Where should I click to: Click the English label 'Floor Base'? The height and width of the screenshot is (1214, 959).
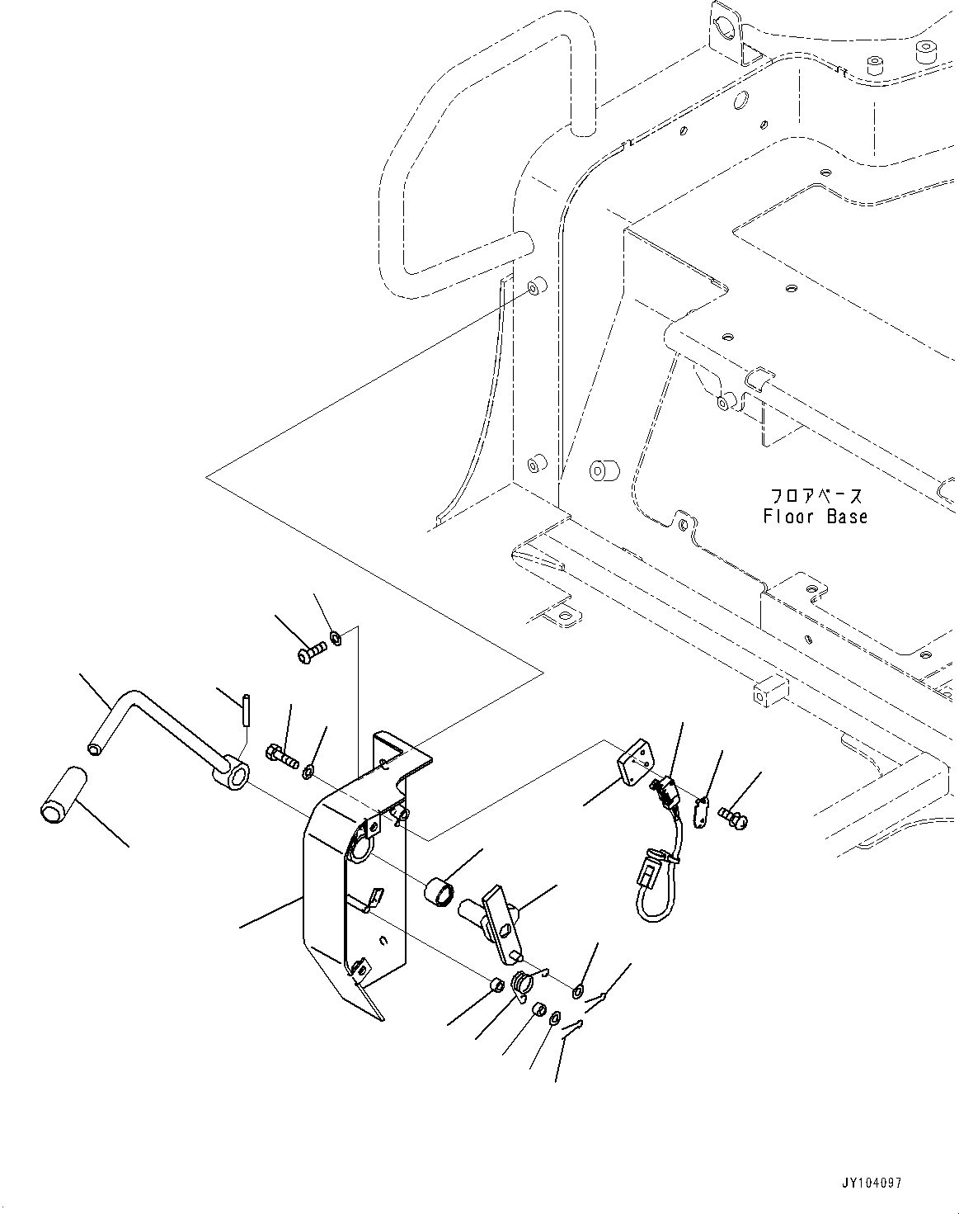tap(815, 517)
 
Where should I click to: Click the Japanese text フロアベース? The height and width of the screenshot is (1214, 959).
tap(816, 496)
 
